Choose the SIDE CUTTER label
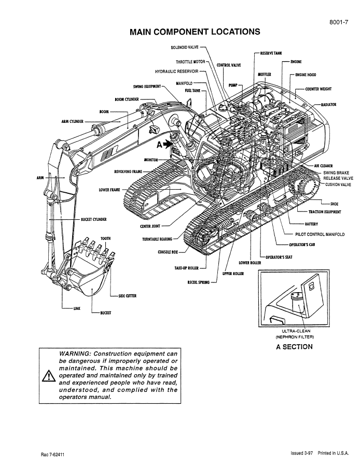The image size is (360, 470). [x=127, y=296]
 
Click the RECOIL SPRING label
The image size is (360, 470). [x=198, y=282]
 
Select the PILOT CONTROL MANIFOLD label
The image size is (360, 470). [x=320, y=234]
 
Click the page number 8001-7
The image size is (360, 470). [x=339, y=22]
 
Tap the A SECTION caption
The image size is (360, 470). [x=294, y=347]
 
